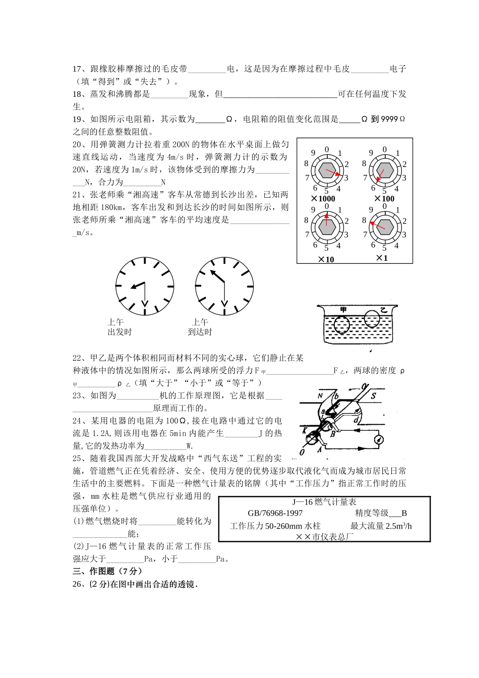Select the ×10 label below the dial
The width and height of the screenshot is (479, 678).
point(326,260)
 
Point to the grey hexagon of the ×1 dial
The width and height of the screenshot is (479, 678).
point(384,227)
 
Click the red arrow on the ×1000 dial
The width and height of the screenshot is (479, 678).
point(331,173)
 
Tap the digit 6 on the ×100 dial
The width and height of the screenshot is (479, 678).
point(374,188)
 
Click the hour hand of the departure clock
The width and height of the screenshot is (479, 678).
point(137,285)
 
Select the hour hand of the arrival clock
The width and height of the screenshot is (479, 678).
point(218,276)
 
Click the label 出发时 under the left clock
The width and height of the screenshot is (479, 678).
point(119,332)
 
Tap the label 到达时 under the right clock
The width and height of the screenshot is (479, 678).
point(200,332)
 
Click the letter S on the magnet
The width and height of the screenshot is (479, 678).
point(374,396)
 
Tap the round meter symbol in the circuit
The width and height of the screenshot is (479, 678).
point(376,440)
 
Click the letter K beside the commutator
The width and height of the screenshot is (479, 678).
point(305,430)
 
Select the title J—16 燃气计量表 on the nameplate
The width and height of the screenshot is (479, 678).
point(324,502)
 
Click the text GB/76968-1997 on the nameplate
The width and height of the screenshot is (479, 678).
point(275,514)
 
